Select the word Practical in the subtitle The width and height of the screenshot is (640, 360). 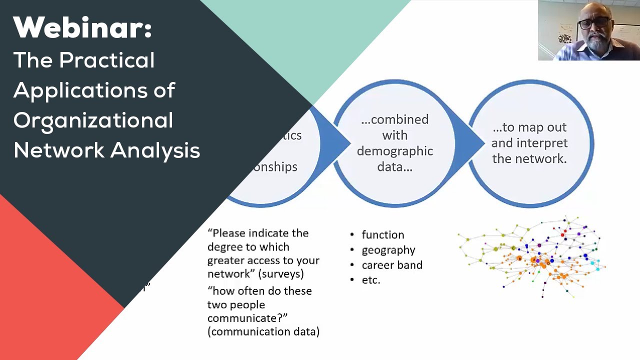tap(107, 60)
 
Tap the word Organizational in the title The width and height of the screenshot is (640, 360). tap(93, 120)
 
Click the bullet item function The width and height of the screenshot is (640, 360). tap(382, 234)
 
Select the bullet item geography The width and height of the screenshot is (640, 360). tap(388, 249)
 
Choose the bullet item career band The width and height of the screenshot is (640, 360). tap(392, 264)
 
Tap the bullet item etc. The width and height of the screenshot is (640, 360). tap(371, 279)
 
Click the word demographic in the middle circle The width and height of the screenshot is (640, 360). tap(394, 151)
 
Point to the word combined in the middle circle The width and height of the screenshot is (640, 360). tap(399, 119)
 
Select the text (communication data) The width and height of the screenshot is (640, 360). tap(263, 331)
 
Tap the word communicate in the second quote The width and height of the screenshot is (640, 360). tap(247, 318)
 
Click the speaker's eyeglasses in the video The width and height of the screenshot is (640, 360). tap(594, 23)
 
